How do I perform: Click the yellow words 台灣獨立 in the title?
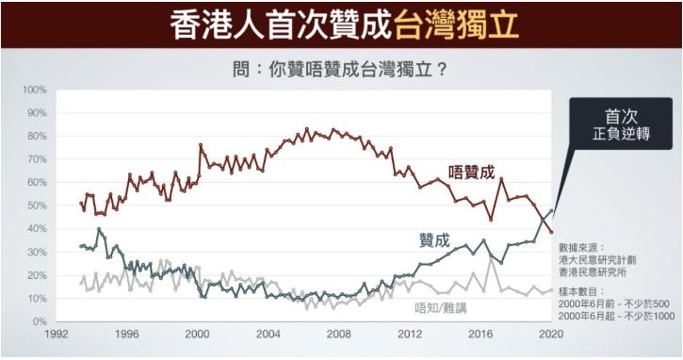click(457, 24)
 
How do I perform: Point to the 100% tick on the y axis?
click(34, 90)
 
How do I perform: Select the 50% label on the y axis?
click(37, 205)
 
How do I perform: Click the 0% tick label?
click(39, 321)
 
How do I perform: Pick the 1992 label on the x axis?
click(57, 334)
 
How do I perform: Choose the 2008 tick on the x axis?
click(339, 334)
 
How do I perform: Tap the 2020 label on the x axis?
click(552, 334)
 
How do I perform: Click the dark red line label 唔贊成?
click(472, 172)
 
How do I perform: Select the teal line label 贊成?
click(434, 240)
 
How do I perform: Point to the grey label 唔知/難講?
click(440, 308)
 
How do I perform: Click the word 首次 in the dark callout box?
click(621, 116)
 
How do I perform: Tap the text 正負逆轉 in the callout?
click(621, 134)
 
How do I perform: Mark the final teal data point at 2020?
click(552, 210)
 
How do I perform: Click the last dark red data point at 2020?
click(552, 232)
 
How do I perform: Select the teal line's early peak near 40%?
click(99, 229)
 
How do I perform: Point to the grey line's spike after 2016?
click(491, 258)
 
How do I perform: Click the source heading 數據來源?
click(582, 248)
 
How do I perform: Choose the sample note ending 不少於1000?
click(616, 316)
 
